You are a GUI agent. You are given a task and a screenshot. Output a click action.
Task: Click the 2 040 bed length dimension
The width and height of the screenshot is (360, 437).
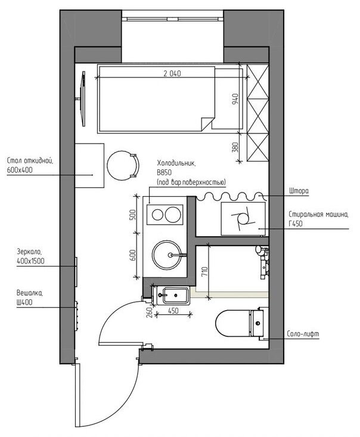(x=172, y=73)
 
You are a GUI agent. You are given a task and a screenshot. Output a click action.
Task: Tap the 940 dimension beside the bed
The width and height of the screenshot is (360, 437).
(x=235, y=99)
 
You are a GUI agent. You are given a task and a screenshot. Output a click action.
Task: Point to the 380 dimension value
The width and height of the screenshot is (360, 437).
(x=235, y=147)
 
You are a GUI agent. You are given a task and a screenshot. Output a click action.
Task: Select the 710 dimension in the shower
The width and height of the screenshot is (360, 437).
(x=204, y=272)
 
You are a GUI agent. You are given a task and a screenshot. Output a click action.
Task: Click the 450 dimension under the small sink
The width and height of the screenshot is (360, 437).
(x=173, y=311)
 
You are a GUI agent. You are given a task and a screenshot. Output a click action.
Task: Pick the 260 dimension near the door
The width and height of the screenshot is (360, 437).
(x=149, y=312)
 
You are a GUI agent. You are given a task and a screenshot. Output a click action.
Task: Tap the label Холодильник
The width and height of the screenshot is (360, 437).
(x=176, y=163)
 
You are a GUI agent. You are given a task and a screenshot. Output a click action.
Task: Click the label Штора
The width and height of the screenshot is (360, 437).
(x=299, y=191)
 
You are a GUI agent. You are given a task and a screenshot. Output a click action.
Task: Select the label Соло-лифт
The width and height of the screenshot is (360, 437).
(x=303, y=334)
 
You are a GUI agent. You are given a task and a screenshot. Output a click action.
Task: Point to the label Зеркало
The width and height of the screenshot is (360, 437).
(x=29, y=252)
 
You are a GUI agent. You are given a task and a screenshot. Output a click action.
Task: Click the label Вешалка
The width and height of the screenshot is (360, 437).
(x=30, y=293)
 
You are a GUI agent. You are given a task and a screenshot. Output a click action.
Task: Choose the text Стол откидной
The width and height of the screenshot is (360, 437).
(x=30, y=161)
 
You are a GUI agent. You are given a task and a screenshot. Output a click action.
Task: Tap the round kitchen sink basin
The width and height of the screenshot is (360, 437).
(x=166, y=255)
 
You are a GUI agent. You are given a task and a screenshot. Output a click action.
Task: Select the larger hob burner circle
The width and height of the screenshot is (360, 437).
(x=173, y=215)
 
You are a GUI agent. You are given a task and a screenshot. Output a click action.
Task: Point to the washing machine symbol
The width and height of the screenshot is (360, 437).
(x=243, y=218)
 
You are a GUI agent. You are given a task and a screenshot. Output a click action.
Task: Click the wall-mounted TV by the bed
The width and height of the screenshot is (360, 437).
(x=82, y=98)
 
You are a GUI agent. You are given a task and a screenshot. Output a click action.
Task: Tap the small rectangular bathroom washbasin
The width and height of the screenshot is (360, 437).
(x=173, y=296)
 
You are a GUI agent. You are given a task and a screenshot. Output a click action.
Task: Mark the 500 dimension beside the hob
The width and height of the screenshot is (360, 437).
(x=133, y=215)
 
